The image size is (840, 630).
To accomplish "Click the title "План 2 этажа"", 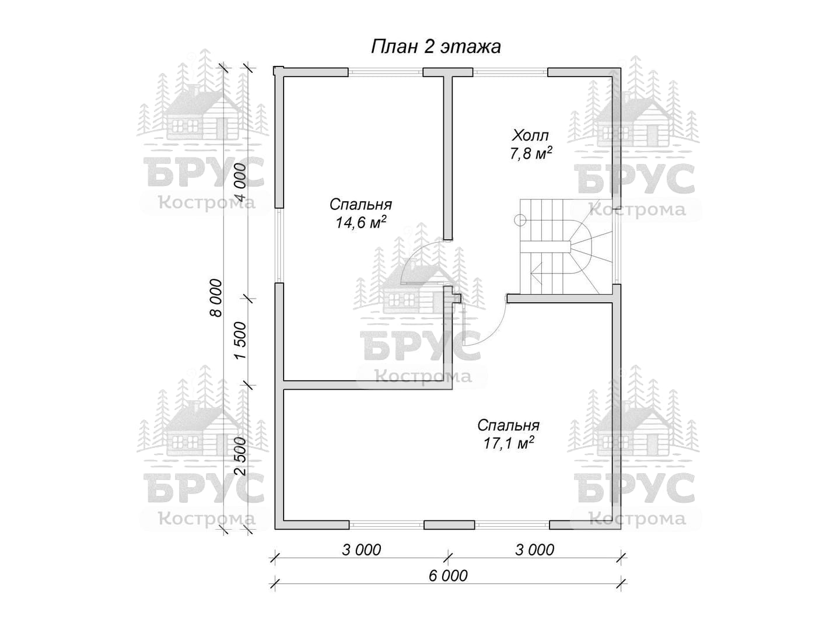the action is coord(436,47).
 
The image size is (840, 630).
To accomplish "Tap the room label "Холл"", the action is coord(530,135).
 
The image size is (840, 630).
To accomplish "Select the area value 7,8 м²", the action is coord(530,153).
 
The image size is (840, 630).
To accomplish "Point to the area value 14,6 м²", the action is coord(360,222).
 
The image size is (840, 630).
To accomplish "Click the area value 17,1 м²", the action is coord(509,443).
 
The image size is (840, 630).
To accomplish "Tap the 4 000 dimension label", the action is coord(240,182).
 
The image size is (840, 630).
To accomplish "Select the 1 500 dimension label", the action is coord(240,341).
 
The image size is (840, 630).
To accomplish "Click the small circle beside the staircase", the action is coord(520,220).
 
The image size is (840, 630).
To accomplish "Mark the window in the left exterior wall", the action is coord(279,246).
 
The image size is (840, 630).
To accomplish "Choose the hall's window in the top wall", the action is coord(510,72).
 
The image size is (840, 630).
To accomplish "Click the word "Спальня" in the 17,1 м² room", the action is coord(509,425).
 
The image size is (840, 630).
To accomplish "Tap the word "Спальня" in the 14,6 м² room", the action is coord(360,204).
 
